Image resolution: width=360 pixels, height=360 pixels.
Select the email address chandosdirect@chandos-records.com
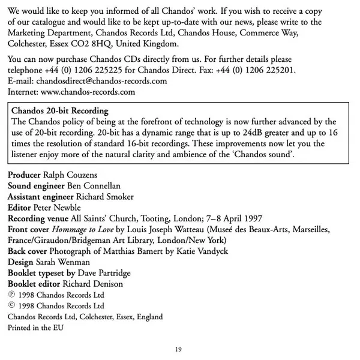pyautogui.click(x=101, y=81)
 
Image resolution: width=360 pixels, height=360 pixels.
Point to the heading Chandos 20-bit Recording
pyautogui.click(x=60, y=111)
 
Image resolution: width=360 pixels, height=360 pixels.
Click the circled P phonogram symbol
pyautogui.click(x=12, y=295)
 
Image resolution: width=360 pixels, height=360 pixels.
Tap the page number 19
pyautogui.click(x=179, y=349)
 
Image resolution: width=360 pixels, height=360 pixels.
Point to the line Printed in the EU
pyautogui.click(x=35, y=328)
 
